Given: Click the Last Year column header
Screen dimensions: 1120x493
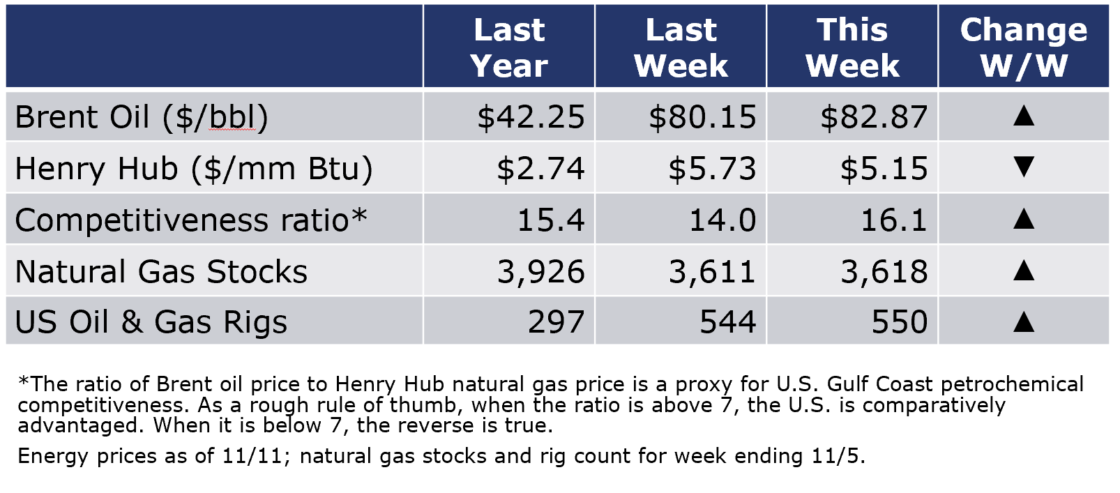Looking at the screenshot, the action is pos(509,47).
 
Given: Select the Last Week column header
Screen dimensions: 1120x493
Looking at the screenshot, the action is pos(681,47).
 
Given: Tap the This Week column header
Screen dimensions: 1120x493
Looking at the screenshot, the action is pos(852,47).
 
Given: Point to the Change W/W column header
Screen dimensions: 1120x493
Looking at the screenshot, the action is pos(1024,47).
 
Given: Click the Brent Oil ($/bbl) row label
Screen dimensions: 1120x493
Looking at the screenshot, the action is pos(142,118).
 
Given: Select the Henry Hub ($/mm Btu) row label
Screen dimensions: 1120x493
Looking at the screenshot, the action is pos(194,169).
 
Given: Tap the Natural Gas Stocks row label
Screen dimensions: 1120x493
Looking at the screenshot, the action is pos(161,271).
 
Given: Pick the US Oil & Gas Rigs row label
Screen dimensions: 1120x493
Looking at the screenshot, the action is pos(151,321).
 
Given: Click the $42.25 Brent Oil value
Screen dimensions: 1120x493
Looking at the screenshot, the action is pos(531,118).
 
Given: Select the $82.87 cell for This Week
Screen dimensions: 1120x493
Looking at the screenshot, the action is pos(874,118).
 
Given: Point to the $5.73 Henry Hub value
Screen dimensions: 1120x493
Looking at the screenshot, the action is pos(713,169).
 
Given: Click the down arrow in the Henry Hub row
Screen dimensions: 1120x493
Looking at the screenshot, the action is pos(1024,167).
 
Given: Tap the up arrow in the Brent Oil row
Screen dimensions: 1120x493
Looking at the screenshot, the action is pos(1024,116).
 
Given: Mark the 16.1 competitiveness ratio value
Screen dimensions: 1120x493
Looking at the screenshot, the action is pos(894,220).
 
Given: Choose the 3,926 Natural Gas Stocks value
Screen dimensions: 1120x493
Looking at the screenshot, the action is pos(541,272).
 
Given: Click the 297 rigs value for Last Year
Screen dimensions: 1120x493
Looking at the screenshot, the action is pos(557,321).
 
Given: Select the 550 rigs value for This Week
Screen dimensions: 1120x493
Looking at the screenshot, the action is pos(900,321).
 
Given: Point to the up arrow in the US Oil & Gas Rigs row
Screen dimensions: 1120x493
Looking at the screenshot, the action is pos(1024,321).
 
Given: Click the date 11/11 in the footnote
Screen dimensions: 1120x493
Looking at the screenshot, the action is pos(252,456).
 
